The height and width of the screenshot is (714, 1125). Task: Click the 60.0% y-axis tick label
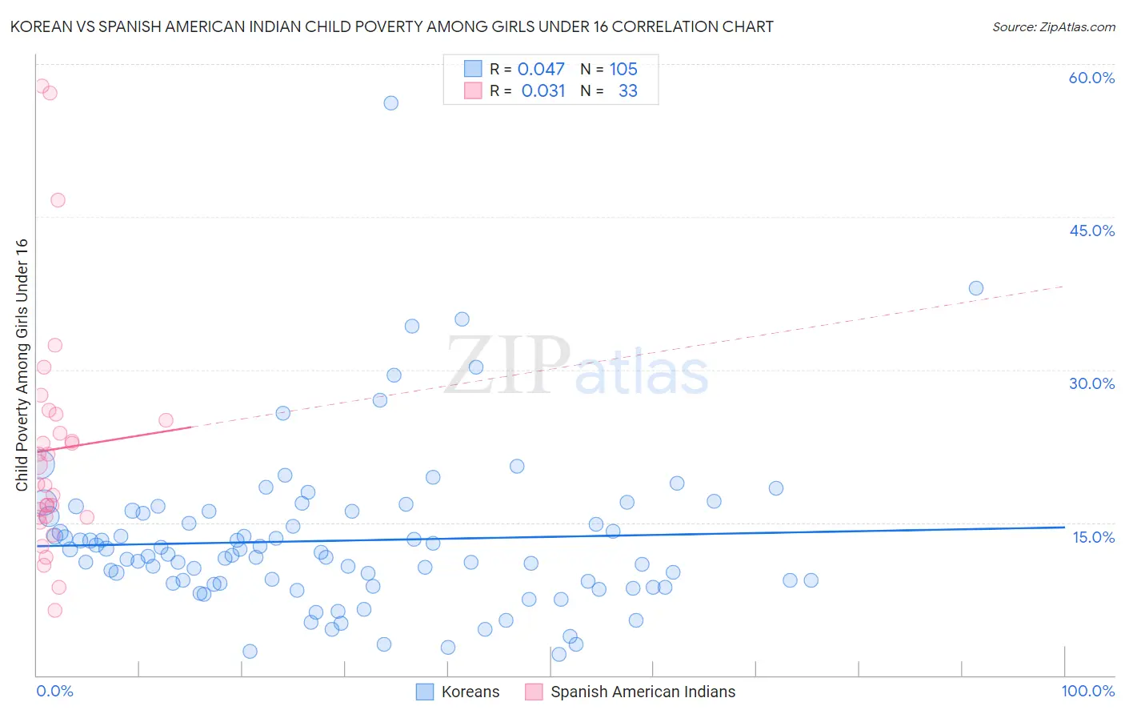[x=1091, y=78]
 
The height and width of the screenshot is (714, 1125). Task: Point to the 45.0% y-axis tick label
[x=1091, y=231]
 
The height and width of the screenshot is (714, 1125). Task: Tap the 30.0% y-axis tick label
[x=1091, y=383]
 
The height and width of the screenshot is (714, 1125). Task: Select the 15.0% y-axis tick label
[x=1093, y=537]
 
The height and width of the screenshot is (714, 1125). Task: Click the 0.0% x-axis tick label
[x=54, y=691]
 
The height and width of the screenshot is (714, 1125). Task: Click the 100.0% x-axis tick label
[x=1087, y=691]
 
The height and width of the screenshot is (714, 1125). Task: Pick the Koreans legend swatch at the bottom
[x=425, y=692]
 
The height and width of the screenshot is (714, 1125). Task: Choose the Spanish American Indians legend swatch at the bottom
[x=534, y=692]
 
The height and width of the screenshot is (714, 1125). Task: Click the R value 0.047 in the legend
[x=541, y=70]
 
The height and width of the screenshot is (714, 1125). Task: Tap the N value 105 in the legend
[x=623, y=70]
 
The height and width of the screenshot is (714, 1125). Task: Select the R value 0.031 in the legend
[x=543, y=91]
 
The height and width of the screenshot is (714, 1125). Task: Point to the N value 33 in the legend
[x=628, y=91]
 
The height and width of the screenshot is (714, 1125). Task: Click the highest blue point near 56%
[x=390, y=102]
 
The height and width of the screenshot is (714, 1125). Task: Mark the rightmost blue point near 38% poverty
[x=976, y=288]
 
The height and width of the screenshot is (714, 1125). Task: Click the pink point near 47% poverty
[x=58, y=200]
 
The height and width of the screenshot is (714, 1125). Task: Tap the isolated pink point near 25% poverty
[x=166, y=420]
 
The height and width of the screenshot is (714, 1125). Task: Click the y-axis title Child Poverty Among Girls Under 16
[x=22, y=365]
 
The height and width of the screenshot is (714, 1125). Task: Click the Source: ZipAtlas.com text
[x=1053, y=27]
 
